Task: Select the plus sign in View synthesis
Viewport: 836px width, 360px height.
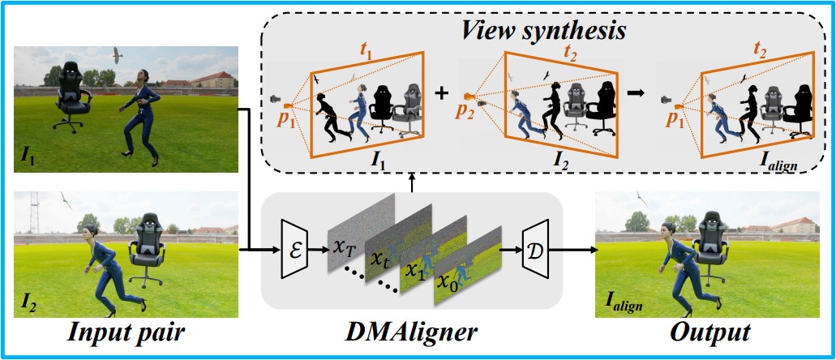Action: [x=441, y=92]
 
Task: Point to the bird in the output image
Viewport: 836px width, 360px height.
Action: [x=643, y=198]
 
